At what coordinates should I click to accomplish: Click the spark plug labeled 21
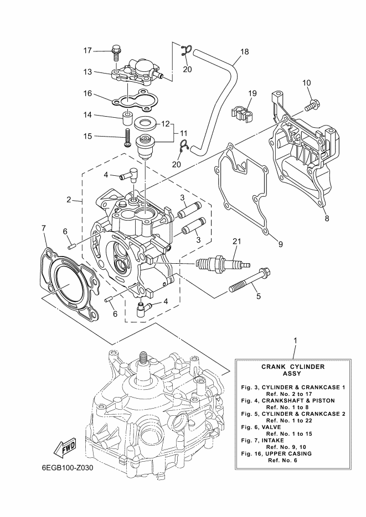coord(223,264)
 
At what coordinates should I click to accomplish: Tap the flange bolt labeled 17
coord(116,53)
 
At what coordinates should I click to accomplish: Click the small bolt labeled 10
coord(311,105)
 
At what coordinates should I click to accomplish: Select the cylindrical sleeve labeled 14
coord(127,118)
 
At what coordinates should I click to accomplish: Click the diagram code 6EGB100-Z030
coord(68,468)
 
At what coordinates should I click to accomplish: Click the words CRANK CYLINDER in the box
coord(293,367)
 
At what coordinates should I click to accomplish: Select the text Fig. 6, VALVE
coord(261,427)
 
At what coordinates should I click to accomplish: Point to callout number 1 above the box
coord(295,340)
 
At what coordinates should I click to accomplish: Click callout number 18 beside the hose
coord(245,52)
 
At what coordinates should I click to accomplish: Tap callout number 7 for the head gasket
coord(44,227)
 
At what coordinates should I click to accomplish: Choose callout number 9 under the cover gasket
coord(281,244)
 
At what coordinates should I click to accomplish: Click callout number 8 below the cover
coord(327,218)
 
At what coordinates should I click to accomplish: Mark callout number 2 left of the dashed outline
coord(69,200)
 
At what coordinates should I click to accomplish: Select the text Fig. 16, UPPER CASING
coord(276,453)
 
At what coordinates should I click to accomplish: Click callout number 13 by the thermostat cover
coord(87,71)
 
